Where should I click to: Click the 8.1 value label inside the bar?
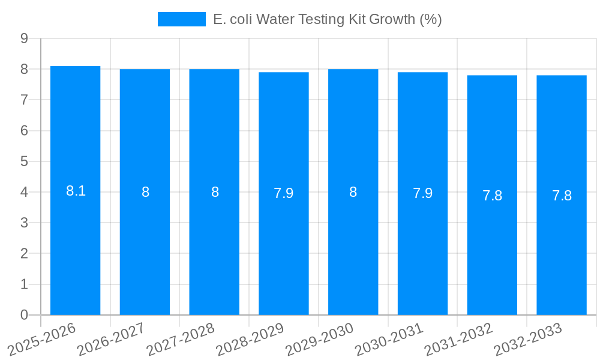[x=76, y=191]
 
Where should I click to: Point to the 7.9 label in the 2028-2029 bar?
[x=284, y=193]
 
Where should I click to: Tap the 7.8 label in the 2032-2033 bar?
[x=562, y=196]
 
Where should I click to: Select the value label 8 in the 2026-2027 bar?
[x=145, y=192]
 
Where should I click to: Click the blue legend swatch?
[x=181, y=19]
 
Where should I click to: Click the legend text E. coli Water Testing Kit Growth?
[x=327, y=19]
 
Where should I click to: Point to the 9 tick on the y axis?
[x=24, y=38]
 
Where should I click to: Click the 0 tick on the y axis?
[x=24, y=315]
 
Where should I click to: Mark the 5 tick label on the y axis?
[x=24, y=161]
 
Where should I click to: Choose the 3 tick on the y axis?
[x=24, y=223]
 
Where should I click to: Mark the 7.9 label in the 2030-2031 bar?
[x=422, y=193]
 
